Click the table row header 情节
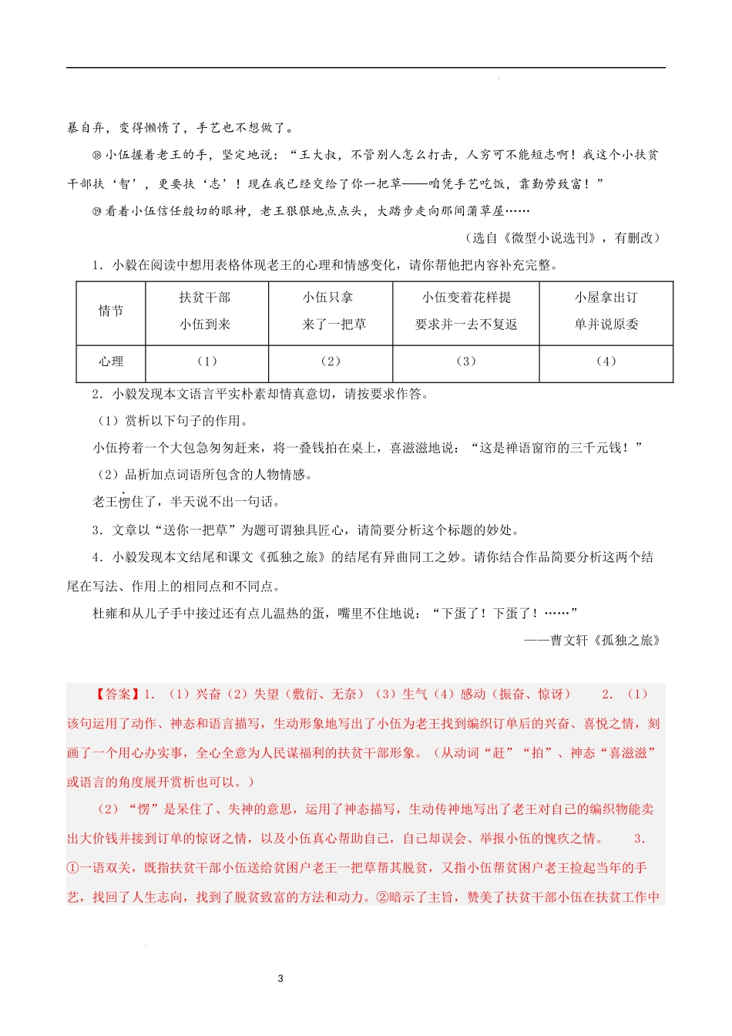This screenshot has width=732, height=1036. (x=110, y=311)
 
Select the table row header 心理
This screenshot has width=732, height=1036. (x=110, y=362)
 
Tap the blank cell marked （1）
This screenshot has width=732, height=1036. (x=207, y=362)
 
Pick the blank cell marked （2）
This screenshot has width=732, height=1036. (x=330, y=362)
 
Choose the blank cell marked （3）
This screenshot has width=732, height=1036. (x=465, y=362)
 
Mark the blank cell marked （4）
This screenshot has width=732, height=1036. (x=606, y=362)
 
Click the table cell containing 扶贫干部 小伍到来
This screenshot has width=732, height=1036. (x=206, y=311)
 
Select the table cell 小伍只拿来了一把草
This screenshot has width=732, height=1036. (x=330, y=311)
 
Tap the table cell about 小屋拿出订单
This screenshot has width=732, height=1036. (x=606, y=311)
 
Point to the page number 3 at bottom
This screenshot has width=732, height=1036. (x=280, y=979)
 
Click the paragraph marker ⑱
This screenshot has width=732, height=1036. (x=96, y=156)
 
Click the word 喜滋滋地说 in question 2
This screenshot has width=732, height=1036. (x=422, y=448)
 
